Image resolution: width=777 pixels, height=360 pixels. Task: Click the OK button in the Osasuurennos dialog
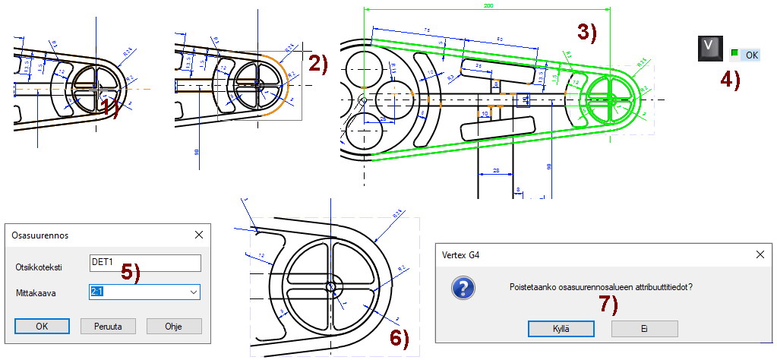click(42, 326)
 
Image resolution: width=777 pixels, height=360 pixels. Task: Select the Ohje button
click(173, 326)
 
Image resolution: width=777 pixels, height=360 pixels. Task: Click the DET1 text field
click(144, 263)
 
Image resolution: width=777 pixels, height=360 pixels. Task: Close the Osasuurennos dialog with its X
click(199, 235)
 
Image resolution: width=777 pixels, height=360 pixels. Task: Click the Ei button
click(643, 328)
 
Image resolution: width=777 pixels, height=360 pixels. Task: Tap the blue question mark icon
click(463, 289)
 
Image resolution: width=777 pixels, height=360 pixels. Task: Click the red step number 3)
click(586, 33)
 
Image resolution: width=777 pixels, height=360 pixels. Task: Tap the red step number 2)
click(317, 64)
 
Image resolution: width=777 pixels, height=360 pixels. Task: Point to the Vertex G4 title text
click(460, 256)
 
